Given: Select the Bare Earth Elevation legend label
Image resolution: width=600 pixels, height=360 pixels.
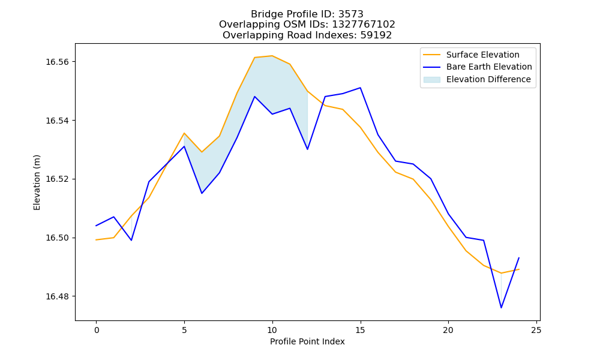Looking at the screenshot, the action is (x=489, y=67).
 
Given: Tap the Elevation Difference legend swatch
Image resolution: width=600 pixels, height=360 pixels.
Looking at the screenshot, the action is (x=431, y=80).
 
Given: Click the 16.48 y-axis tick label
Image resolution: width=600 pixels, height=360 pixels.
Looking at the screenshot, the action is (x=58, y=296).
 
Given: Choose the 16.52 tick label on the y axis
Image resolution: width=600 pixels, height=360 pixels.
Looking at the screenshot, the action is (x=58, y=179).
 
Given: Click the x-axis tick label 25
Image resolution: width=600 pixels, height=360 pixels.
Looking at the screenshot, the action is (x=536, y=330).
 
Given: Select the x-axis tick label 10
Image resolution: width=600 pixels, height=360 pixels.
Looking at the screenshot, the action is (x=272, y=330).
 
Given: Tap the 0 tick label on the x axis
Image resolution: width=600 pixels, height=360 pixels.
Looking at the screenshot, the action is (x=96, y=330).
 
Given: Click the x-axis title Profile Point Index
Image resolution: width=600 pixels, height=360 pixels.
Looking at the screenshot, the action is (x=307, y=341).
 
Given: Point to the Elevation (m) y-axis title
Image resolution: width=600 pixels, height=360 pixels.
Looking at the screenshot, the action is (x=37, y=182).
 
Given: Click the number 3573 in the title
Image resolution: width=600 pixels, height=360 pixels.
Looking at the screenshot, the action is (x=351, y=14).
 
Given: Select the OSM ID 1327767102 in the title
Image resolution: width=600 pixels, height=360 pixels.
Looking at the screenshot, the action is (x=364, y=25).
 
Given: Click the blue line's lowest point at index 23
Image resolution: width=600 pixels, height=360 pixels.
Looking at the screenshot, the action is (x=501, y=308).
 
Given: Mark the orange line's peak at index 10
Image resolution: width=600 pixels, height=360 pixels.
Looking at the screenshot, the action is (x=272, y=56).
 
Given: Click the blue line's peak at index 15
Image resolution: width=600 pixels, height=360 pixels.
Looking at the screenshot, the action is (x=360, y=88).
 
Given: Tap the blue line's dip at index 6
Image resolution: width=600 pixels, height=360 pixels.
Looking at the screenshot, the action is (x=202, y=193).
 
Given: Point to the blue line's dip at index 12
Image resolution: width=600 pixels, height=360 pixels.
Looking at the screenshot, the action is (x=307, y=149).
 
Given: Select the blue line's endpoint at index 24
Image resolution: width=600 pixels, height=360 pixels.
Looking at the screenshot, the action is (x=519, y=258).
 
